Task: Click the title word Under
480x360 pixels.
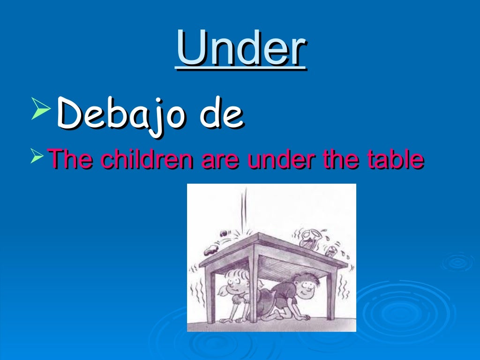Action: tap(241, 49)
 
